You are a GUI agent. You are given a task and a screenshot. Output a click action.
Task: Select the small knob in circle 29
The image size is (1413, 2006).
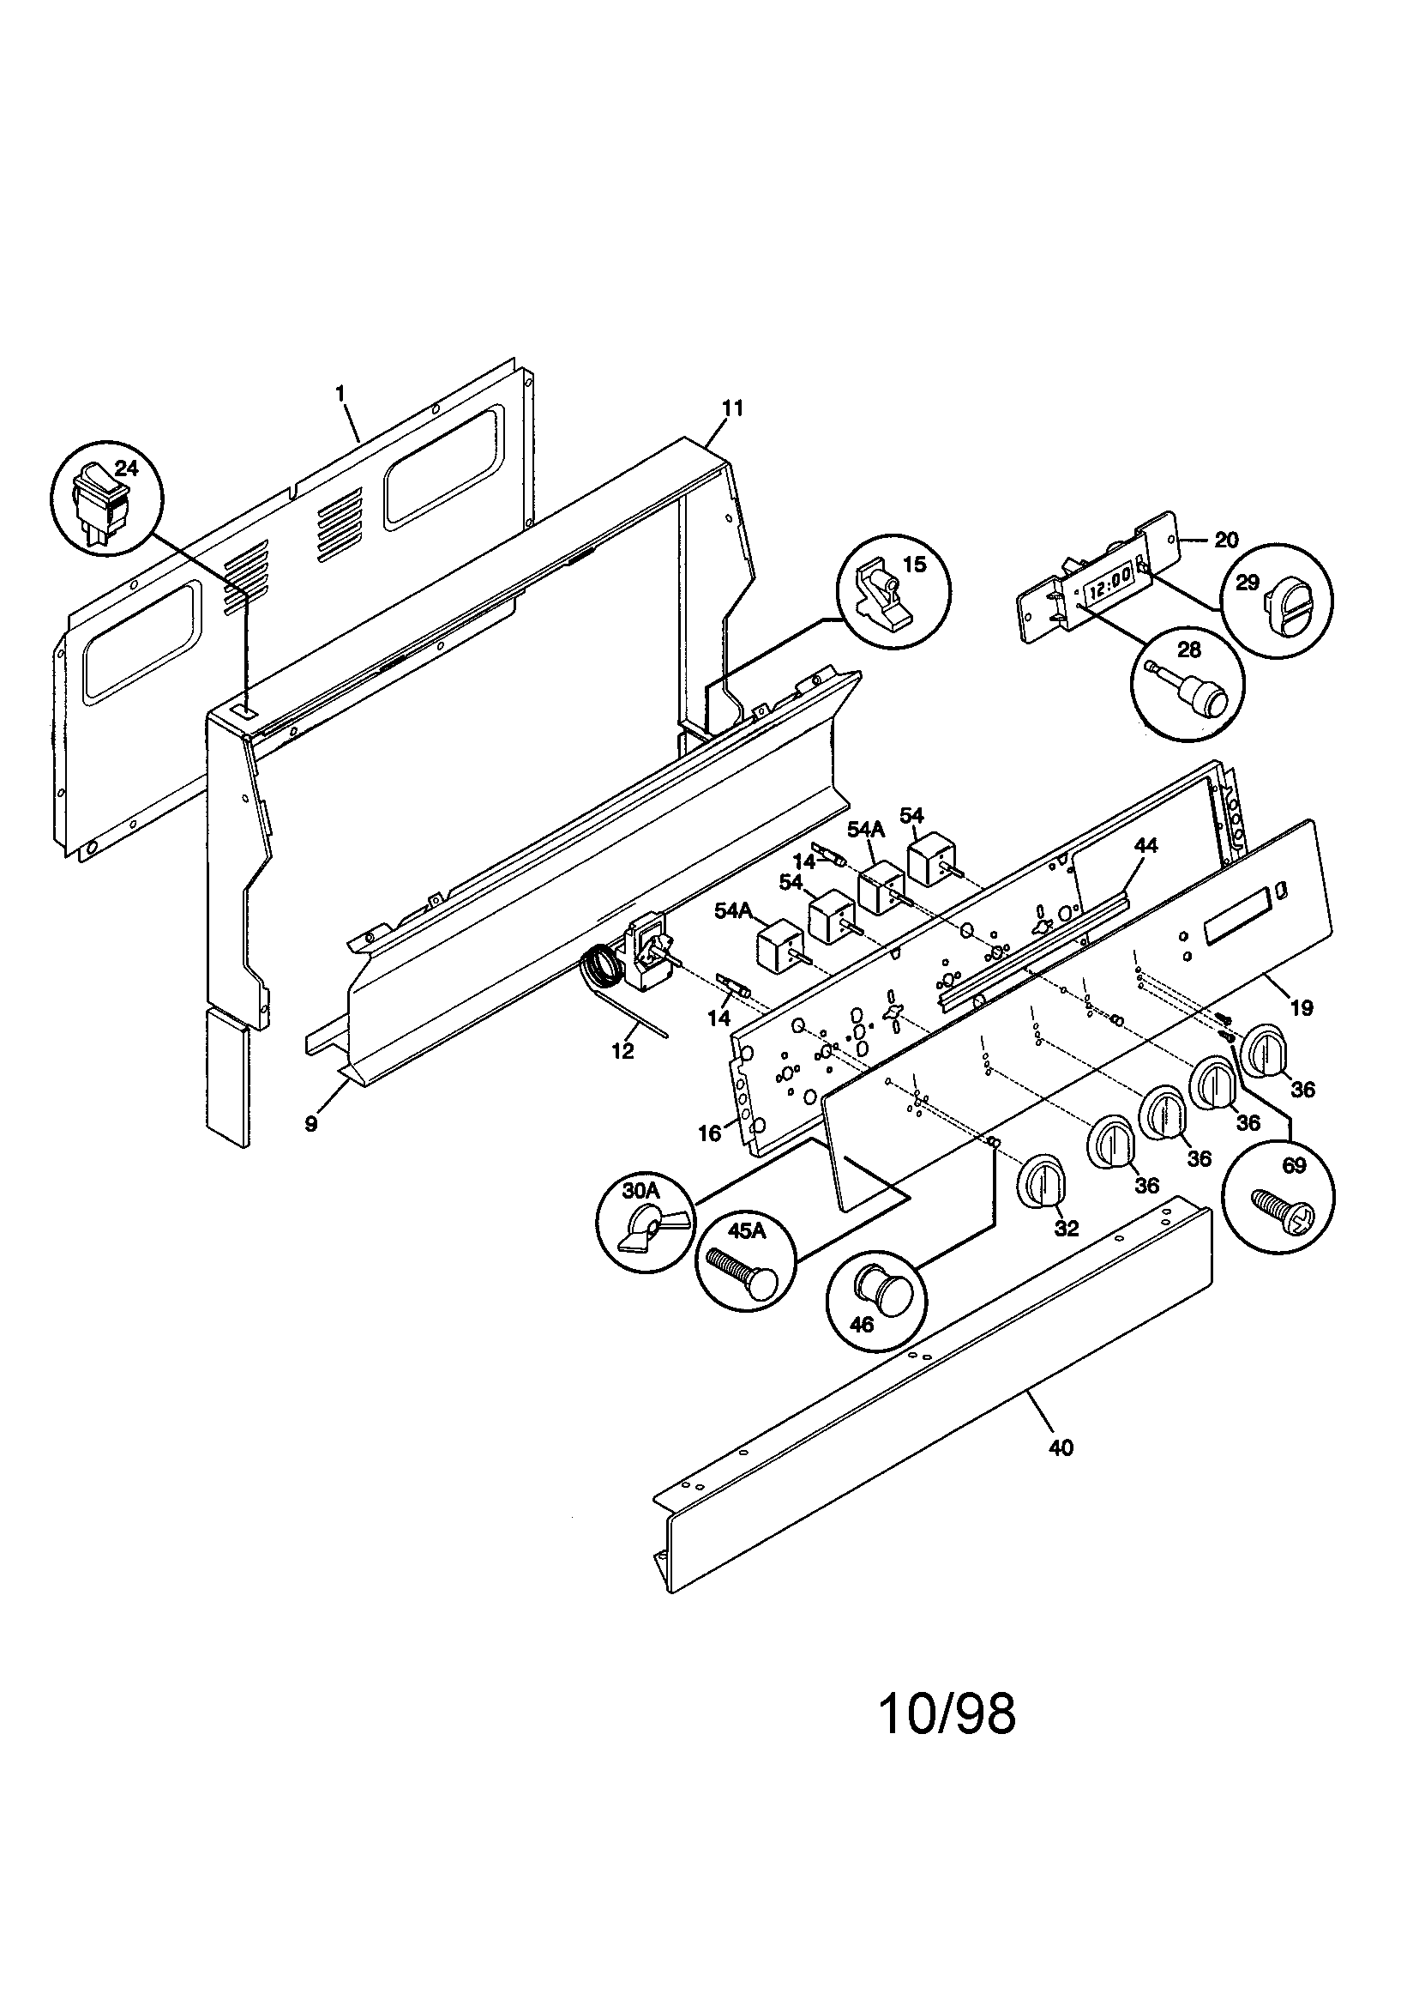[x=1276, y=601]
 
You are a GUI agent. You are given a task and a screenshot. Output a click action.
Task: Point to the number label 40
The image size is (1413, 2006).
[x=1061, y=1447]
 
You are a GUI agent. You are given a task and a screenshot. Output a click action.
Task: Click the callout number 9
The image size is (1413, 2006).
[x=311, y=1125]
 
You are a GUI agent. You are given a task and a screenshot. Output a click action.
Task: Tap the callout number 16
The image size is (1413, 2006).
[x=710, y=1133]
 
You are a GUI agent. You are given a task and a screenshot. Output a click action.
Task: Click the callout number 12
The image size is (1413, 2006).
[x=622, y=1052]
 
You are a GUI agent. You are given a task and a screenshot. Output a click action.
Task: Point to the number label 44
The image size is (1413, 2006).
[x=1145, y=846]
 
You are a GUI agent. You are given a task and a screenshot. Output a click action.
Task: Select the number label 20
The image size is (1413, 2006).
[x=1226, y=539]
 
